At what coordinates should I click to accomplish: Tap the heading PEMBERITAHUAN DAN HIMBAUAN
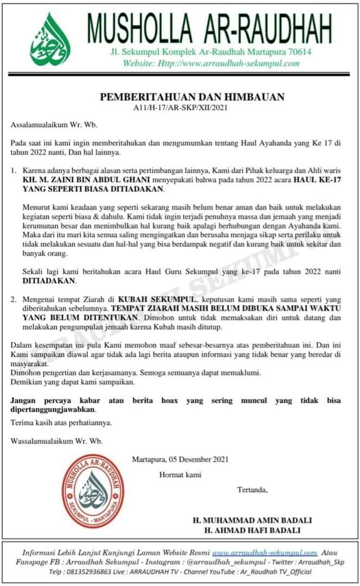[x=192, y=98]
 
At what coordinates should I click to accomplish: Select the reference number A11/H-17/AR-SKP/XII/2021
[x=180, y=107]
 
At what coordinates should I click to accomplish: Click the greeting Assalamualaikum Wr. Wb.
[x=45, y=125]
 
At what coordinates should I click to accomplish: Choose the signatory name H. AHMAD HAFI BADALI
[x=252, y=530]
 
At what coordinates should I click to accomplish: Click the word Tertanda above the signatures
[x=252, y=491]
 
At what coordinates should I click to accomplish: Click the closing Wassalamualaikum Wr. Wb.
[x=48, y=441]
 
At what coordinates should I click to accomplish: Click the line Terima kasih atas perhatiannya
[x=62, y=423]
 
